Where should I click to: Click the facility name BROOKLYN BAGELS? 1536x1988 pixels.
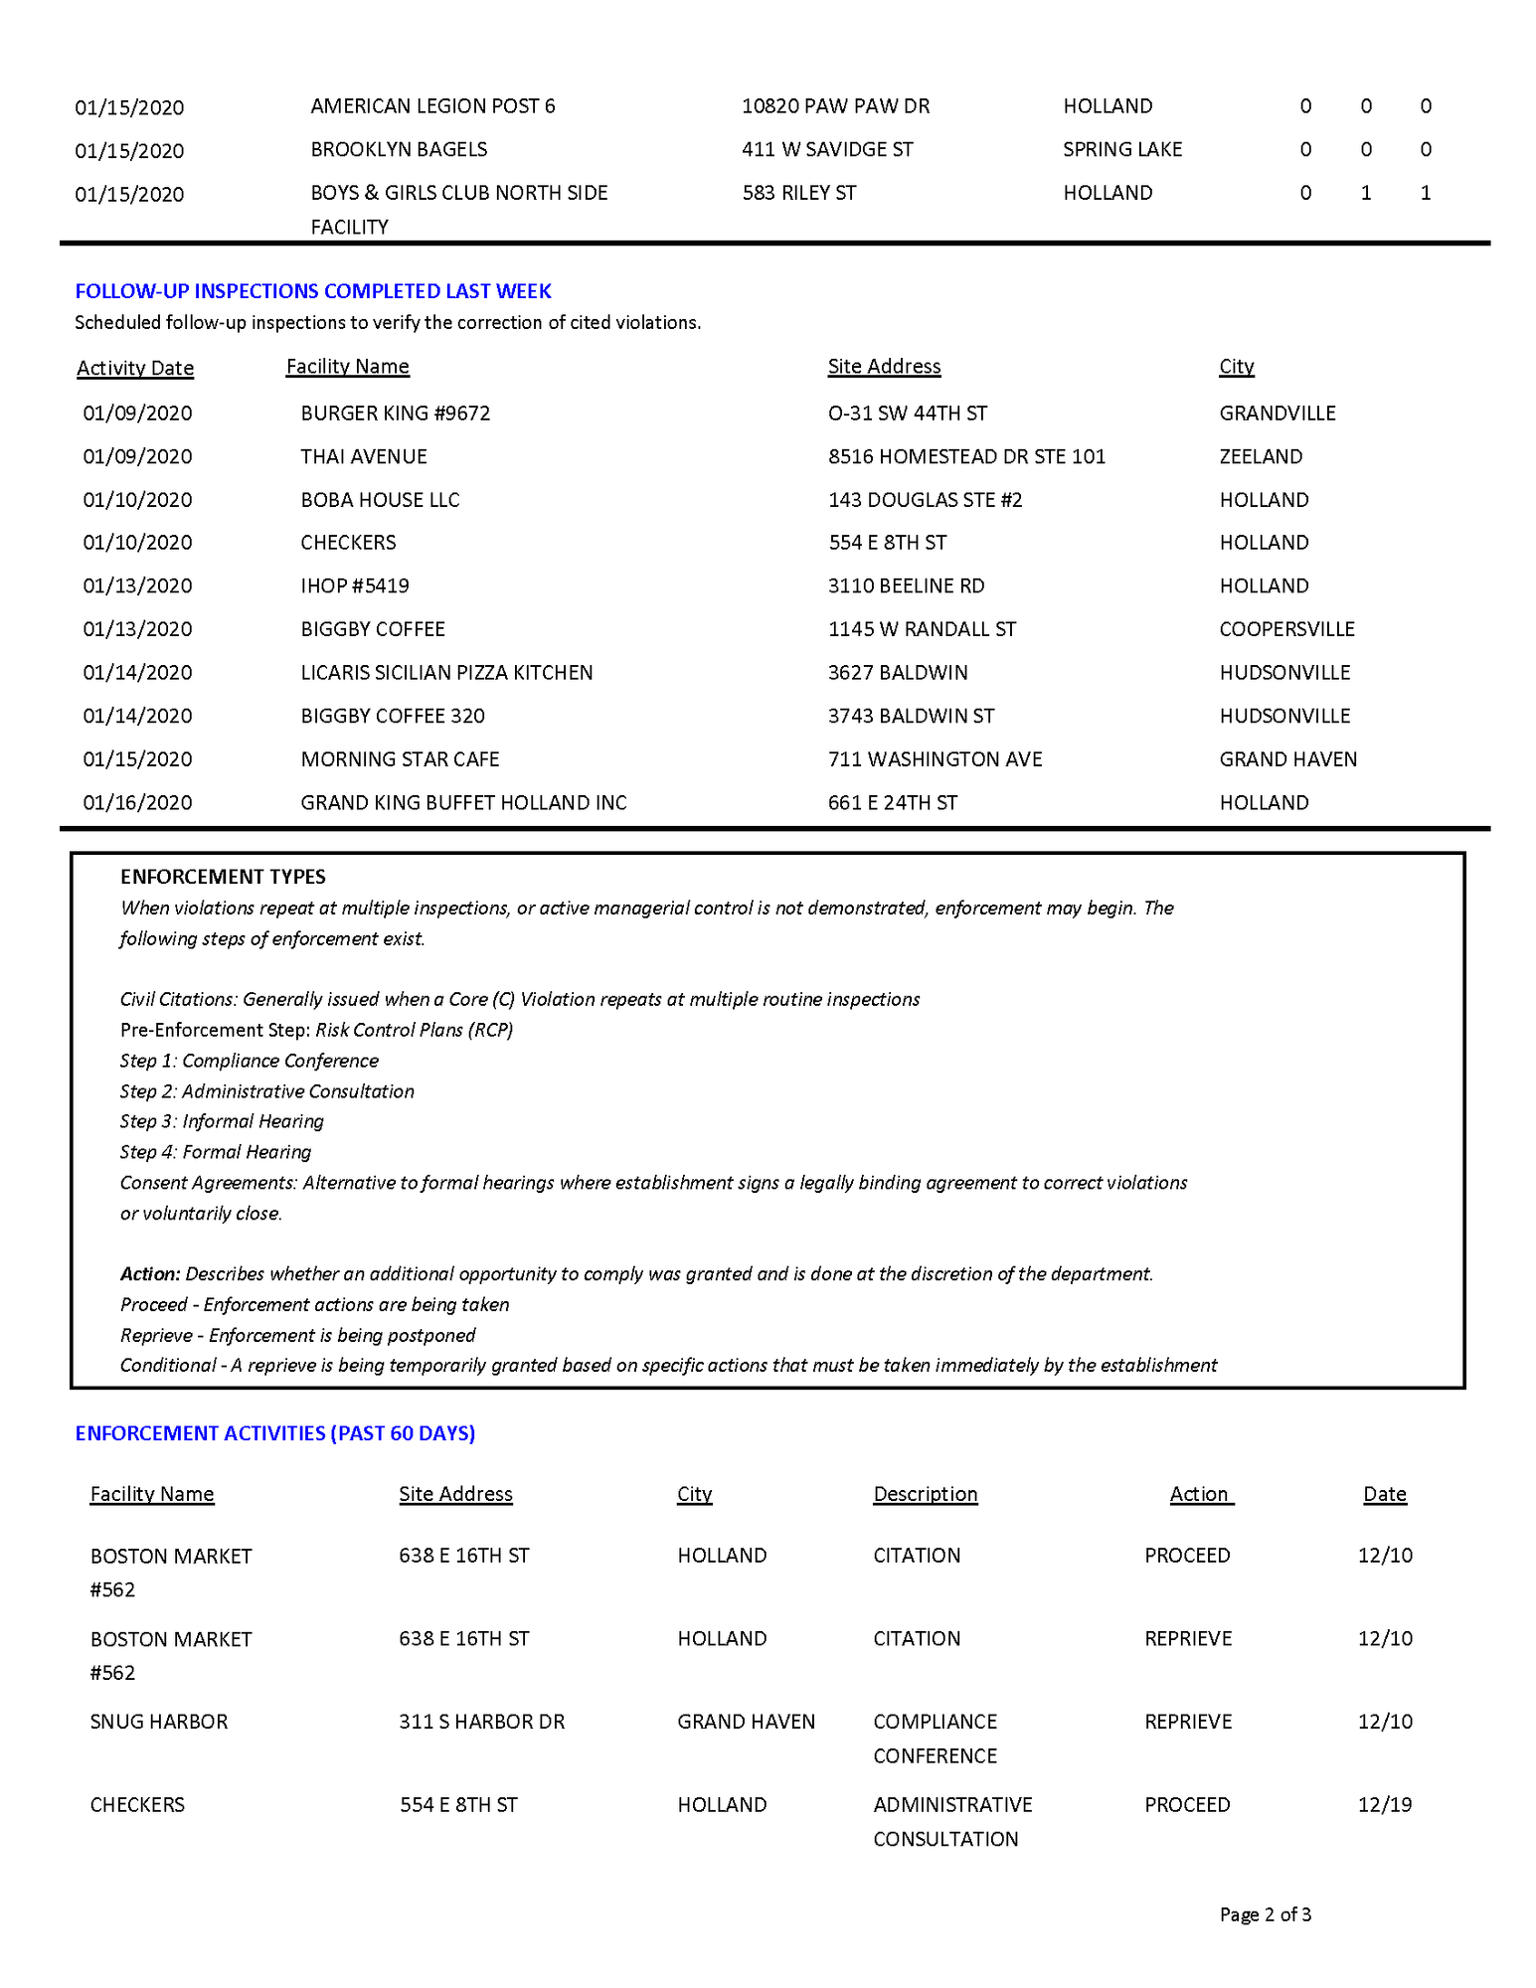[399, 149]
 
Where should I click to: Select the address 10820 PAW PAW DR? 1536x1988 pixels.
[835, 106]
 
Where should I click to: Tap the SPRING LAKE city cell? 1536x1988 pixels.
[1122, 149]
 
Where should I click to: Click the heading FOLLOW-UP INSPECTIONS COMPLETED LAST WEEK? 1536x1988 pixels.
[313, 291]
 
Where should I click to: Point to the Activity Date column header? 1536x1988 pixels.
[135, 368]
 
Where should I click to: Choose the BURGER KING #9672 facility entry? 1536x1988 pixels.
[396, 414]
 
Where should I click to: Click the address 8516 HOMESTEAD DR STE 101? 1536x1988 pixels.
[966, 456]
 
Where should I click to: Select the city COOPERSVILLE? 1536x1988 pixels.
[1286, 629]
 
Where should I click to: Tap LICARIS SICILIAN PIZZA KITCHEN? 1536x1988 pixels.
[446, 673]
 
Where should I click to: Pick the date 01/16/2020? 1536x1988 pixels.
[138, 803]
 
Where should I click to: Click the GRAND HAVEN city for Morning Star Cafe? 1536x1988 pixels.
[1287, 759]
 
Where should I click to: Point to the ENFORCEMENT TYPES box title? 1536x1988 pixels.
[223, 877]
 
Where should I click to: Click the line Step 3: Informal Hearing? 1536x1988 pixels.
[222, 1121]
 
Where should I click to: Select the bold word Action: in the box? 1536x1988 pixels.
[150, 1274]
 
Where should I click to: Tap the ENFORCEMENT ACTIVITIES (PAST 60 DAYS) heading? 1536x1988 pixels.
[275, 1433]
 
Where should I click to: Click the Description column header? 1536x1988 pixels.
[925, 1494]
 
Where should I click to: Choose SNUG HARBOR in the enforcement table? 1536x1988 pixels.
[159, 1722]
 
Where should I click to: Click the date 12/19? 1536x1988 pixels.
[1385, 1805]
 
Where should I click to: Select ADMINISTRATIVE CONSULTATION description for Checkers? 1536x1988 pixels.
[951, 1821]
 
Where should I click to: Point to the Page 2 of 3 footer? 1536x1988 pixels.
[1265, 1914]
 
